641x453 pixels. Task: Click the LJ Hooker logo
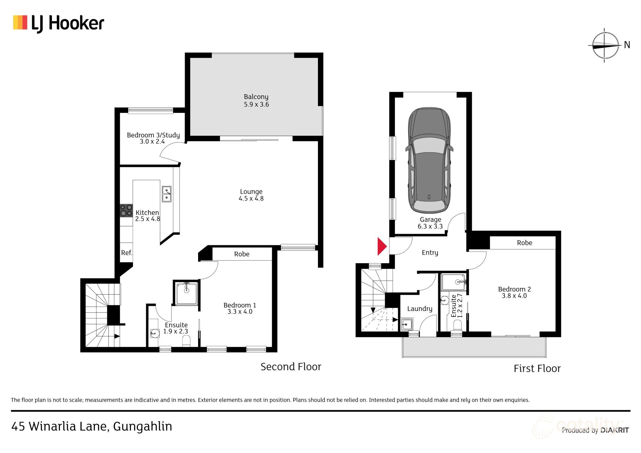pyautogui.click(x=59, y=23)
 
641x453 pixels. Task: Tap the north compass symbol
pyautogui.click(x=604, y=46)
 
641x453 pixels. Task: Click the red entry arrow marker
pyautogui.click(x=382, y=246)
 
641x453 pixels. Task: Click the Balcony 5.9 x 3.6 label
pyautogui.click(x=256, y=100)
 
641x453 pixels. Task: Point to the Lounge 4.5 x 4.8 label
pyautogui.click(x=251, y=195)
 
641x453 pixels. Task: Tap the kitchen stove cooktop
pyautogui.click(x=126, y=211)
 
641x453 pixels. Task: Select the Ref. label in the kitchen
pyautogui.click(x=127, y=253)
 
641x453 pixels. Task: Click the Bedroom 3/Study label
pyautogui.click(x=153, y=138)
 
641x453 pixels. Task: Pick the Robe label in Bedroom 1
pyautogui.click(x=242, y=254)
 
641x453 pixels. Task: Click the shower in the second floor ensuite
pyautogui.click(x=187, y=292)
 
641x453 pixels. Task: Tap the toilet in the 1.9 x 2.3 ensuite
pyautogui.click(x=186, y=341)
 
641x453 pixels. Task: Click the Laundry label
pyautogui.click(x=420, y=308)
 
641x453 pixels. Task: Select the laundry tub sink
pyautogui.click(x=406, y=324)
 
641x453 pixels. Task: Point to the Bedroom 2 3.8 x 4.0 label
pyautogui.click(x=514, y=292)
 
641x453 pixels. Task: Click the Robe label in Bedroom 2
pyautogui.click(x=524, y=243)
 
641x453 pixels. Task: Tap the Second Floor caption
pyautogui.click(x=291, y=366)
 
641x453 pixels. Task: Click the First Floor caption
pyautogui.click(x=537, y=368)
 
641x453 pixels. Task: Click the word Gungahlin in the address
pyautogui.click(x=143, y=426)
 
